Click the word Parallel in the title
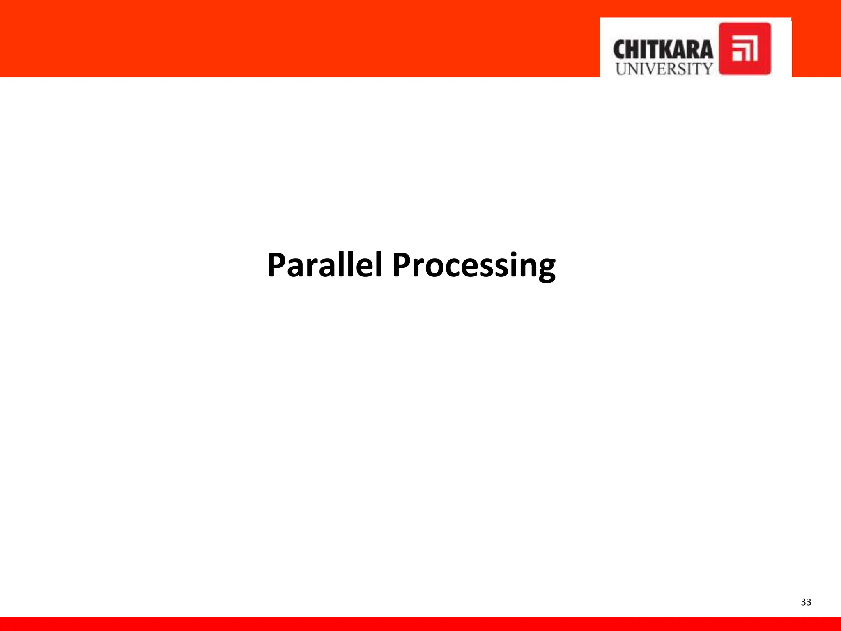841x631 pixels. (x=324, y=265)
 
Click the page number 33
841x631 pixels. (x=806, y=602)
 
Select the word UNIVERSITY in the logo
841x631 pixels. (x=664, y=69)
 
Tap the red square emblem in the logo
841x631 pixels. (x=744, y=48)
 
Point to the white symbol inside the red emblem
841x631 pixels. (x=744, y=48)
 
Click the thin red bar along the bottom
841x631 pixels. (x=420, y=624)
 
